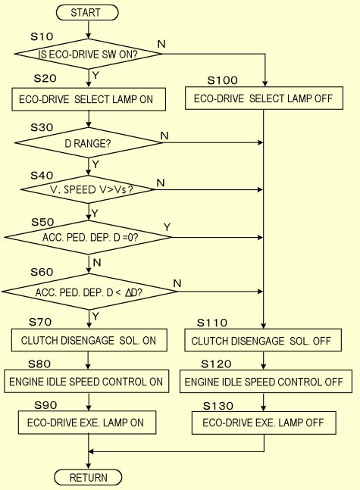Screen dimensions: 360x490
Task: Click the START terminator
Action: coord(87,13)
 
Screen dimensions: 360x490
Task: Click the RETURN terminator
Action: coord(88,477)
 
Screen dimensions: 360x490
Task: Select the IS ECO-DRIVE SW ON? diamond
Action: coord(89,54)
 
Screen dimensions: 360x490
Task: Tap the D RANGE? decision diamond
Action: coord(89,143)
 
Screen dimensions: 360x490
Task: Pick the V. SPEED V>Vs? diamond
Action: coord(88,189)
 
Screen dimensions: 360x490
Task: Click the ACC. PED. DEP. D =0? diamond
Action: coord(89,237)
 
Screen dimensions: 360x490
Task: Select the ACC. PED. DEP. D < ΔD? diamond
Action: coord(89,292)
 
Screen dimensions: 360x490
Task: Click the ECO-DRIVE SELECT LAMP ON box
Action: coord(89,99)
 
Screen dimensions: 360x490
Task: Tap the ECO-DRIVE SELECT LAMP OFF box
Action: coord(264,98)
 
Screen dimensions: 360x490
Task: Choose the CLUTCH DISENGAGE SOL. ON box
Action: coord(89,340)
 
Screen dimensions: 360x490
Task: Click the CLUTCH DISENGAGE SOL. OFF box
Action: coord(263,340)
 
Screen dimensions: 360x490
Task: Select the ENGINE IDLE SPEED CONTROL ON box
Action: coord(86,381)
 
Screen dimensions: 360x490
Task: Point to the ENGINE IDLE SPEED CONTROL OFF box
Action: coord(265,382)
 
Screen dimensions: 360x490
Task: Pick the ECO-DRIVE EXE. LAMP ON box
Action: coord(87,423)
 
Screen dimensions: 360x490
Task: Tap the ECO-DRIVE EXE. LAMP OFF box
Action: coord(264,423)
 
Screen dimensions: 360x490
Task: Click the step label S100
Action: coord(222,80)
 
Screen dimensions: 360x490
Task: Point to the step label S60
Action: coord(42,272)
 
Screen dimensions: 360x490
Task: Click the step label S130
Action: coord(218,406)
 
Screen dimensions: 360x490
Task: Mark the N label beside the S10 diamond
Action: coord(161,44)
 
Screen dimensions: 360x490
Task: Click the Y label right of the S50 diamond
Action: coord(167,227)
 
